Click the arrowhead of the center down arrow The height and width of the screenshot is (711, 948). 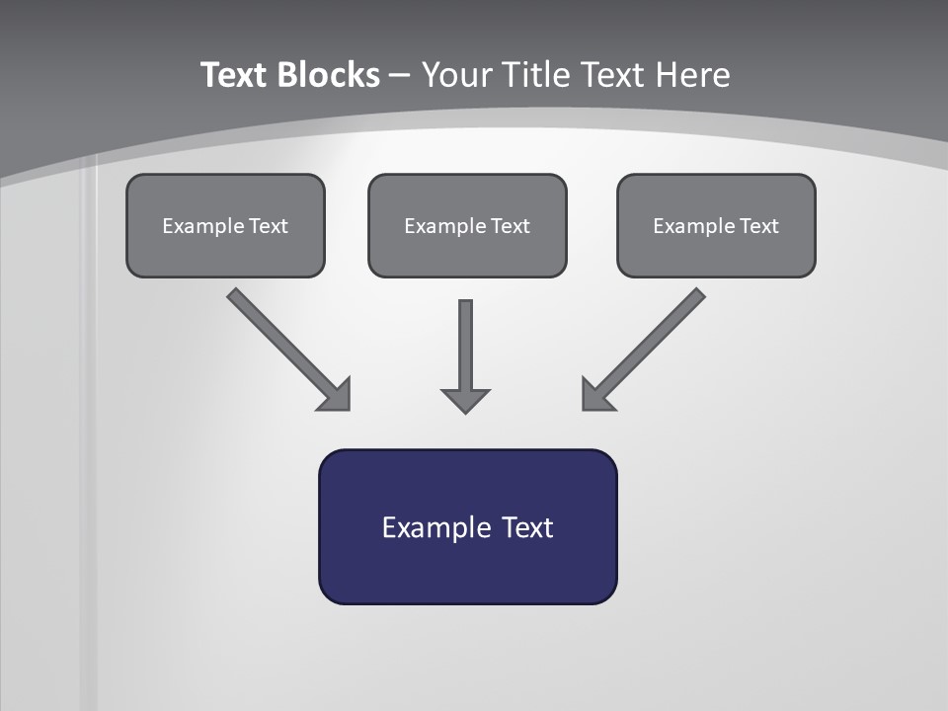coord(465,400)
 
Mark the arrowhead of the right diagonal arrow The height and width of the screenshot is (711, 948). coord(596,395)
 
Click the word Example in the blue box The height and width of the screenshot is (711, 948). coord(423,527)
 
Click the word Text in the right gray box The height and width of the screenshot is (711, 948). coord(758,226)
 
